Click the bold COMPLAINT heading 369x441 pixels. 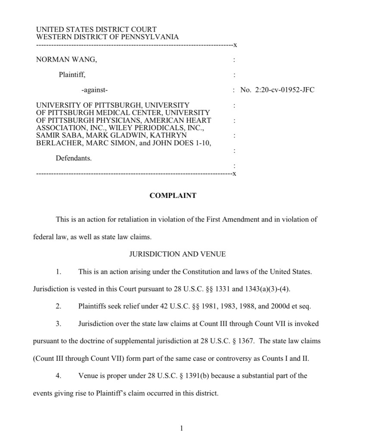click(173, 196)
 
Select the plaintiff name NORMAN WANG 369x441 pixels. click(66, 60)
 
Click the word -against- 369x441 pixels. click(95, 90)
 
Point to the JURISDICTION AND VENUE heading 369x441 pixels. click(177, 254)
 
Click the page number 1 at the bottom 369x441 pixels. click(182, 428)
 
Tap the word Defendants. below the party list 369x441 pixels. click(74, 158)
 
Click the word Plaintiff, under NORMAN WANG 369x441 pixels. click(72, 75)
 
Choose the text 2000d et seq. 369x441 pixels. click(291, 307)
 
